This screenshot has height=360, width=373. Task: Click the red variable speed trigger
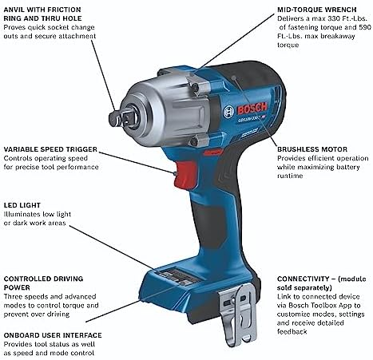click(185, 175)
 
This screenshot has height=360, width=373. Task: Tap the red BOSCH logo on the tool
click(252, 109)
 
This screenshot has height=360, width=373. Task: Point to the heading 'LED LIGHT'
click(22, 205)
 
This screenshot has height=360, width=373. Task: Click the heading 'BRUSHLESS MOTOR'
click(312, 149)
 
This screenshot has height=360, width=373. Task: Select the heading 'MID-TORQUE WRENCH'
click(317, 10)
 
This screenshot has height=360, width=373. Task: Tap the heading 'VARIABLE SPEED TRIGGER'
click(50, 149)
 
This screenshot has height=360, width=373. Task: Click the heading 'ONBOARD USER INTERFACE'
click(53, 335)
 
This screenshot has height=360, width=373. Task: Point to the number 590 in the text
click(364, 27)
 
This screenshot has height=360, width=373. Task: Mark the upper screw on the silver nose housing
click(196, 87)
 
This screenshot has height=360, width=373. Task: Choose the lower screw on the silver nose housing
click(195, 141)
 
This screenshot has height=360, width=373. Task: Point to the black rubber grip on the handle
click(209, 226)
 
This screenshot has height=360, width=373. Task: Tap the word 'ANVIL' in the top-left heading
click(14, 10)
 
